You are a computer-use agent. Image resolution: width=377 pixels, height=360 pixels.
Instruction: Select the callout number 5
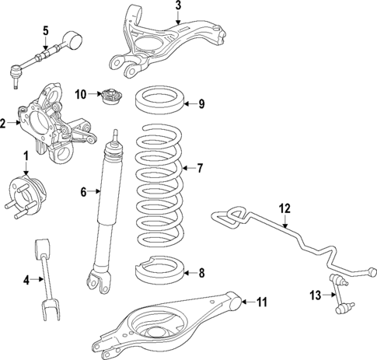[x=45, y=30]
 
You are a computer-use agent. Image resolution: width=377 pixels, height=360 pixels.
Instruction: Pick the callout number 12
[x=284, y=208]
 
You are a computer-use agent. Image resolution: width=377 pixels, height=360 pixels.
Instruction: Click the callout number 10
[x=80, y=95]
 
